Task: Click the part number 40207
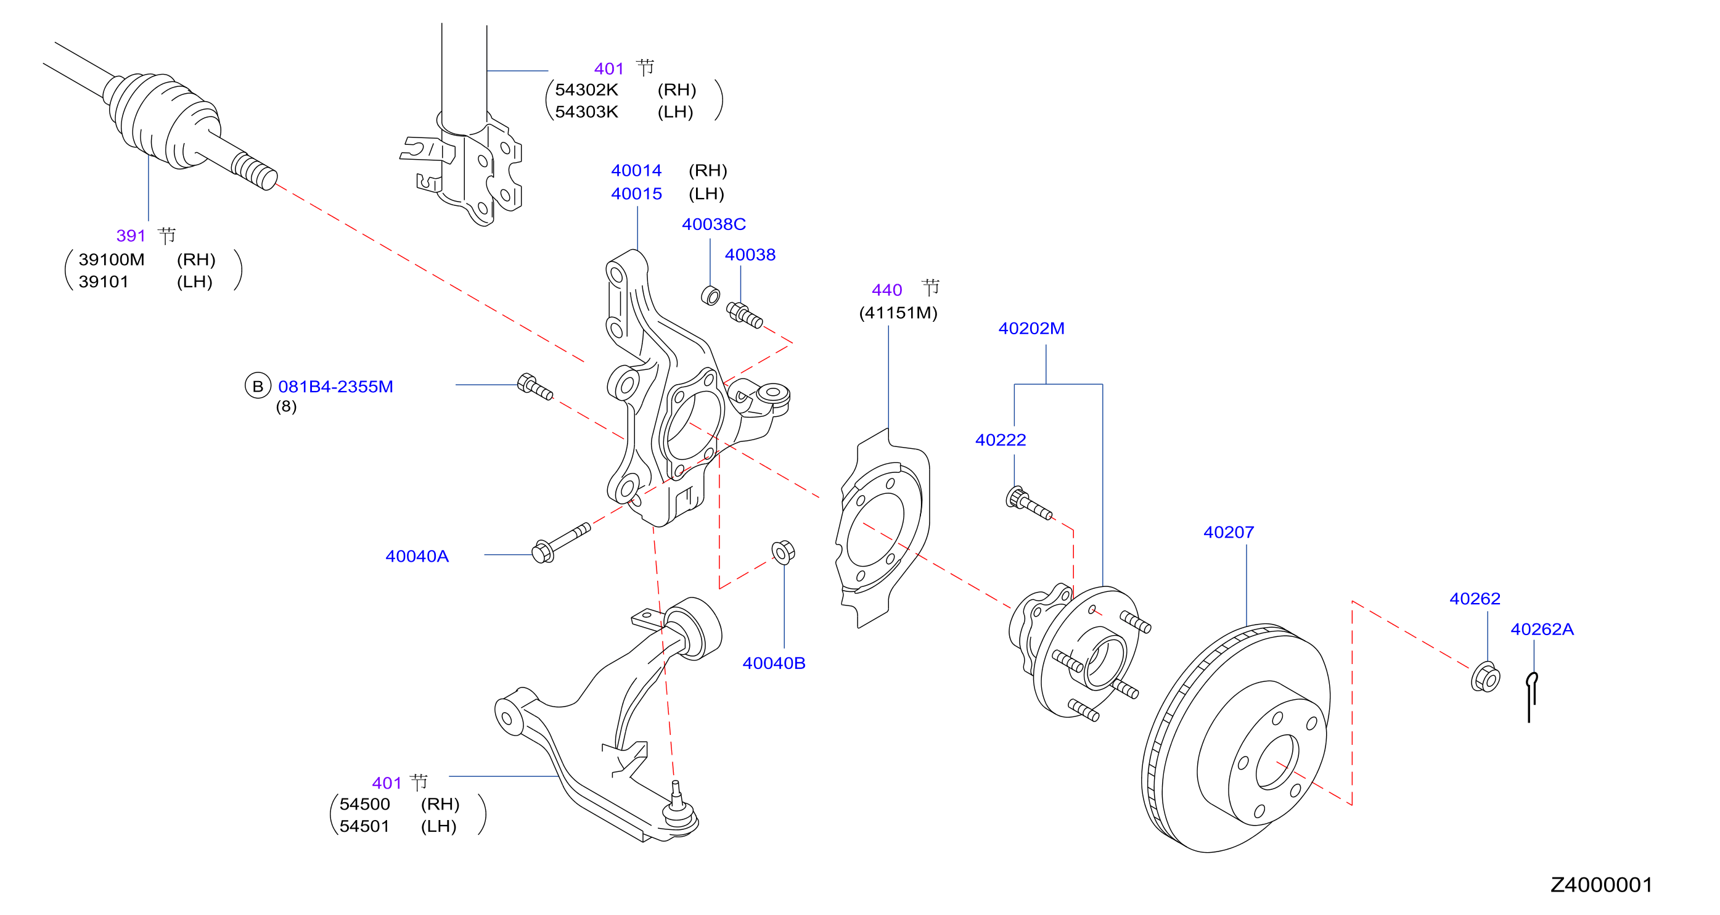[1229, 532]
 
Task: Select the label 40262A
[1542, 629]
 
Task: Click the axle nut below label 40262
[1485, 677]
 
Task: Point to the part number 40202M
[1031, 329]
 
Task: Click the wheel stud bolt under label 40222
[1028, 504]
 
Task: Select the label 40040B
[774, 663]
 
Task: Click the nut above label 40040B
[782, 552]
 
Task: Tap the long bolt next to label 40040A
[561, 543]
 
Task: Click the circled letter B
[258, 386]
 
